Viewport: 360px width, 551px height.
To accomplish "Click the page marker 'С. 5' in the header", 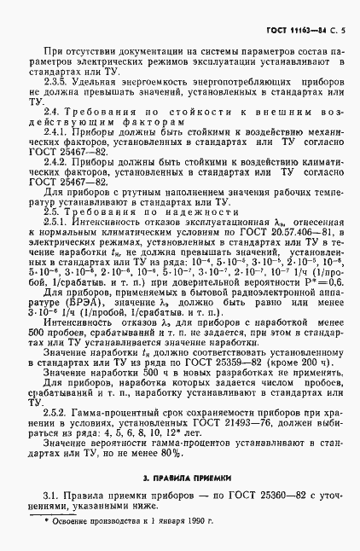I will [337, 31].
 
